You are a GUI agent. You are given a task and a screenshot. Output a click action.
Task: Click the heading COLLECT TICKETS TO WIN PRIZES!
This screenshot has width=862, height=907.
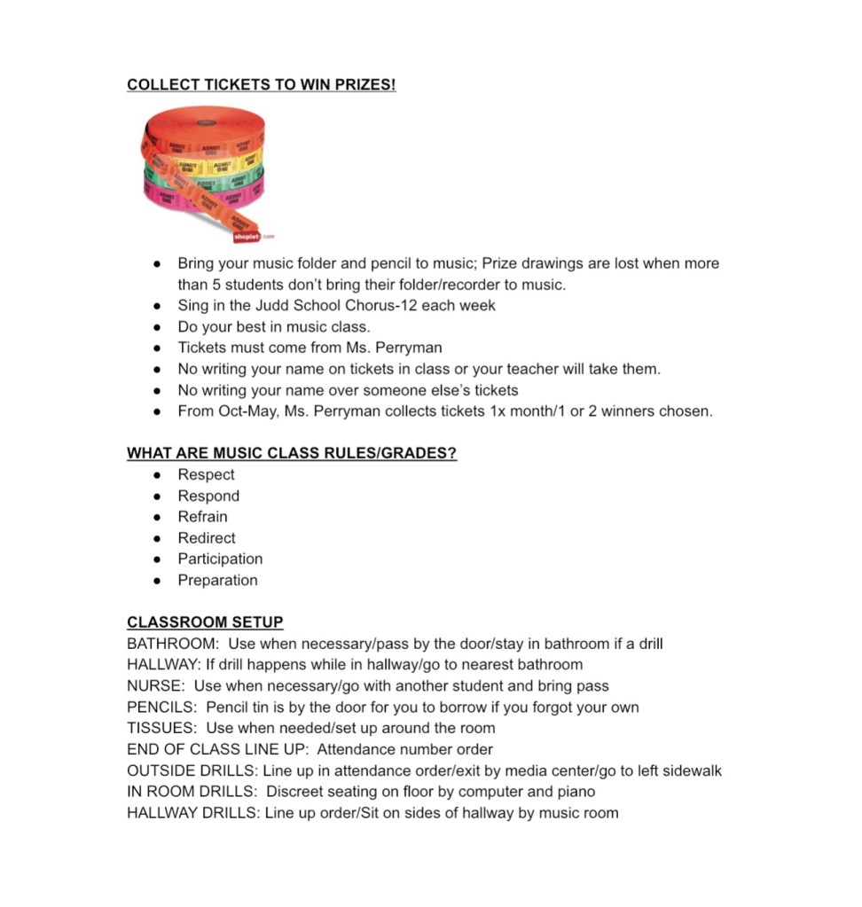tap(261, 85)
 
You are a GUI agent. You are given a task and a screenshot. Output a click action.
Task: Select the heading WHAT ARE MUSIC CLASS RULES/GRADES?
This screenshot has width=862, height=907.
tap(292, 453)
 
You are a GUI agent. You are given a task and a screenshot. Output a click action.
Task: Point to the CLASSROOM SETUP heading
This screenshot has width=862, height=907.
tap(205, 622)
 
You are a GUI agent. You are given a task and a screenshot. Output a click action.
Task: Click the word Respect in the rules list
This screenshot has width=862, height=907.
tap(206, 474)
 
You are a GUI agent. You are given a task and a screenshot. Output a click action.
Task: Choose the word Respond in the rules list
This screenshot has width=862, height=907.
tap(208, 496)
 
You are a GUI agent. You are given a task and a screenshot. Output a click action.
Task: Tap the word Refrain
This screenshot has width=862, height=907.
tap(202, 517)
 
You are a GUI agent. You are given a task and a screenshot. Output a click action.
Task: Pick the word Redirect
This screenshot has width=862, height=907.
tap(207, 538)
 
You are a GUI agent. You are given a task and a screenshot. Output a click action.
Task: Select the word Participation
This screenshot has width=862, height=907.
tap(220, 559)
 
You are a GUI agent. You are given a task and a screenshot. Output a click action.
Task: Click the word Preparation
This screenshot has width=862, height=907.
tap(217, 581)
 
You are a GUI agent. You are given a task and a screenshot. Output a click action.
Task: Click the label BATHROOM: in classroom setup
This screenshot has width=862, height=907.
tap(173, 644)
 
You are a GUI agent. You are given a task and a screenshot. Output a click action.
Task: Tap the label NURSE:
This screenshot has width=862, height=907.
tap(156, 686)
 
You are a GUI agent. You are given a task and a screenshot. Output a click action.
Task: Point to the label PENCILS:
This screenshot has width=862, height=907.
tap(162, 708)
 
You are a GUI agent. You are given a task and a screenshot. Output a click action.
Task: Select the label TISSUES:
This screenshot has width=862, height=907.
tap(161, 729)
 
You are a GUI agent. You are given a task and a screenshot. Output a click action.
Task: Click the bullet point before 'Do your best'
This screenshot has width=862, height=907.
tap(157, 327)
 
